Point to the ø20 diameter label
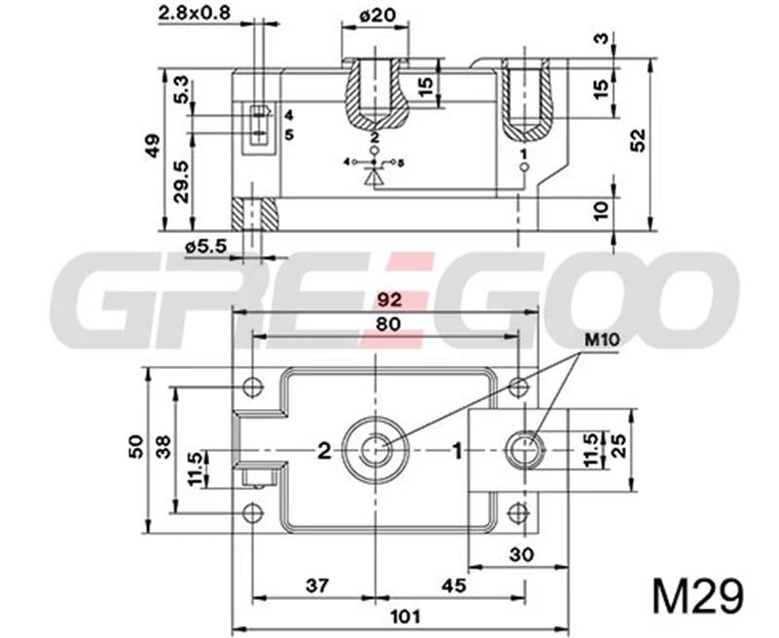click(x=375, y=16)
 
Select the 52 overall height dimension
click(x=637, y=140)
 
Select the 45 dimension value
click(x=453, y=584)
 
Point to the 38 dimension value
click(x=164, y=446)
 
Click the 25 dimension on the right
click(x=620, y=449)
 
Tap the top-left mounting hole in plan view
click(x=253, y=387)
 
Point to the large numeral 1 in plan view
click(x=454, y=450)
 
